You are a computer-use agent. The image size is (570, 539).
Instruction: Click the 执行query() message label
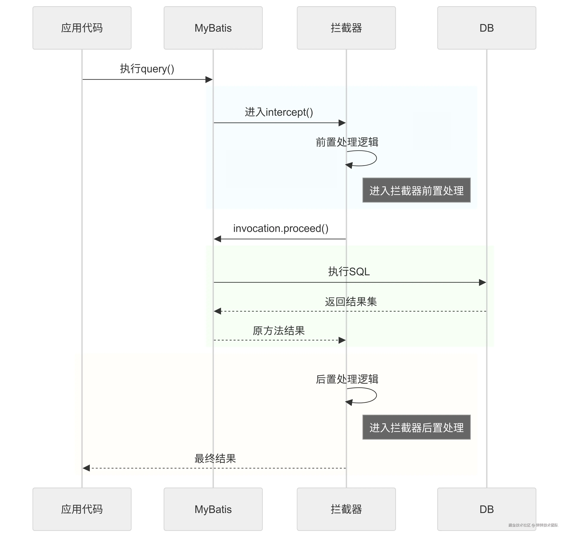point(147,69)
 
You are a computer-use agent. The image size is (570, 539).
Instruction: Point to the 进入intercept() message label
point(279,112)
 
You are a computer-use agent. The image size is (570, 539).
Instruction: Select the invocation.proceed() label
point(281,228)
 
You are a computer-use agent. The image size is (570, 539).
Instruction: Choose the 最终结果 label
point(215,458)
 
